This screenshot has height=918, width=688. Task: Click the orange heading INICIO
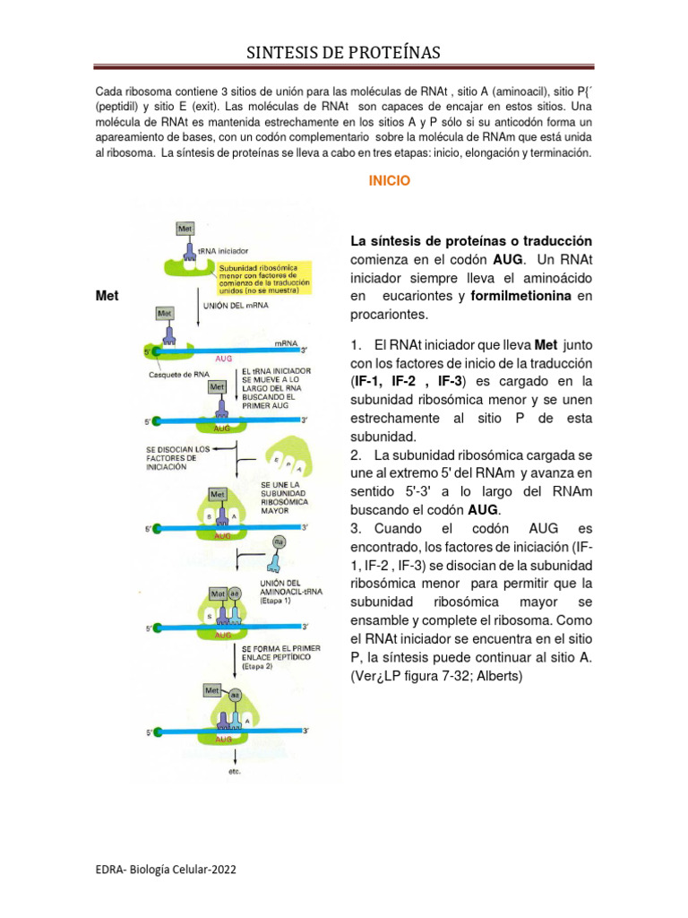click(389, 181)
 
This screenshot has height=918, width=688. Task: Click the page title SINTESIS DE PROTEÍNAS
click(344, 53)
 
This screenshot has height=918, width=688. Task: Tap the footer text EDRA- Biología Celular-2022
click(167, 870)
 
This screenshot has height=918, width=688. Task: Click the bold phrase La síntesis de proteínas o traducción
click(470, 241)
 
